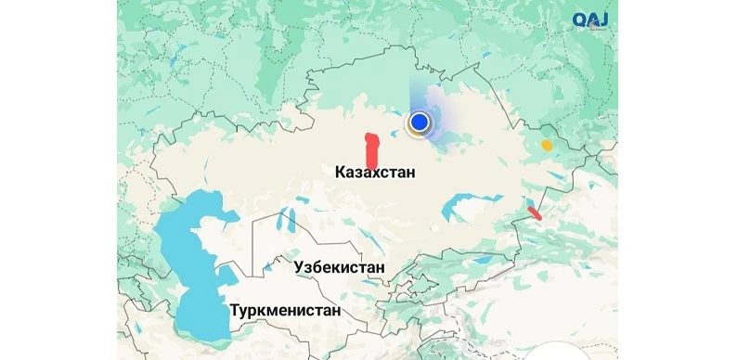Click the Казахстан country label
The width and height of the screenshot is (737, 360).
375,173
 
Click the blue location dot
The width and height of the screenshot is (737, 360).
420,122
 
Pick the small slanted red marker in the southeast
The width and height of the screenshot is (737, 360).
535,213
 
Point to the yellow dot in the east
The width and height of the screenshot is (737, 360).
547,145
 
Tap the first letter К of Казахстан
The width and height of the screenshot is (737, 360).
340,173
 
